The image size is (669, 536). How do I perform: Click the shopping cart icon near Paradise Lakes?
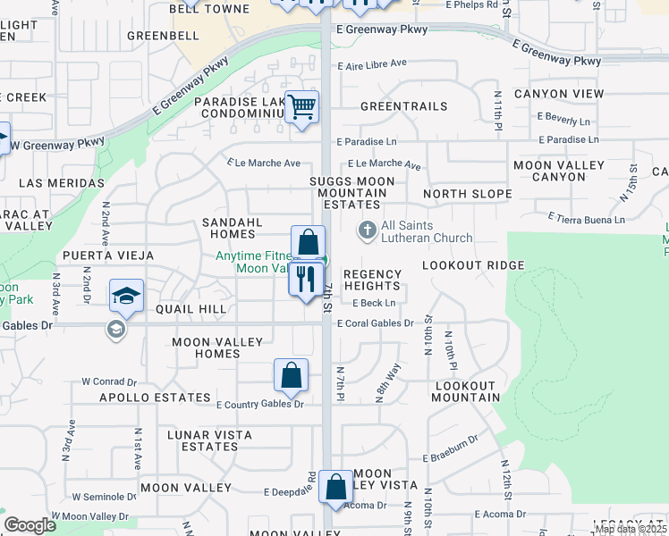pyautogui.click(x=302, y=107)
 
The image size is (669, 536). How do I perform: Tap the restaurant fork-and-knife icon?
pyautogui.click(x=306, y=278)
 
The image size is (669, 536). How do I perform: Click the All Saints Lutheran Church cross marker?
pyautogui.click(x=366, y=230)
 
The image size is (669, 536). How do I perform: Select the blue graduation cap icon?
pyautogui.click(x=126, y=296)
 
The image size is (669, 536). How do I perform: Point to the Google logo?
pyautogui.click(x=30, y=525)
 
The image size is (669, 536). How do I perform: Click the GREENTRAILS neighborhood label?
pyautogui.click(x=403, y=106)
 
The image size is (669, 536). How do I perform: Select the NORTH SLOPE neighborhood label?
pyautogui.click(x=467, y=194)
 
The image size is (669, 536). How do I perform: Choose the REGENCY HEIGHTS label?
pyautogui.click(x=372, y=280)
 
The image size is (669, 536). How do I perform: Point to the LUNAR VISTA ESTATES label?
pyautogui.click(x=210, y=440)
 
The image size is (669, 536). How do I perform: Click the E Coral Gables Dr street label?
pyautogui.click(x=375, y=323)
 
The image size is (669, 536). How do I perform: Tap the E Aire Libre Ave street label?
pyautogui.click(x=372, y=64)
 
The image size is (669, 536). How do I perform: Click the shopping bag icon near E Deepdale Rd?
pyautogui.click(x=335, y=488)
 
